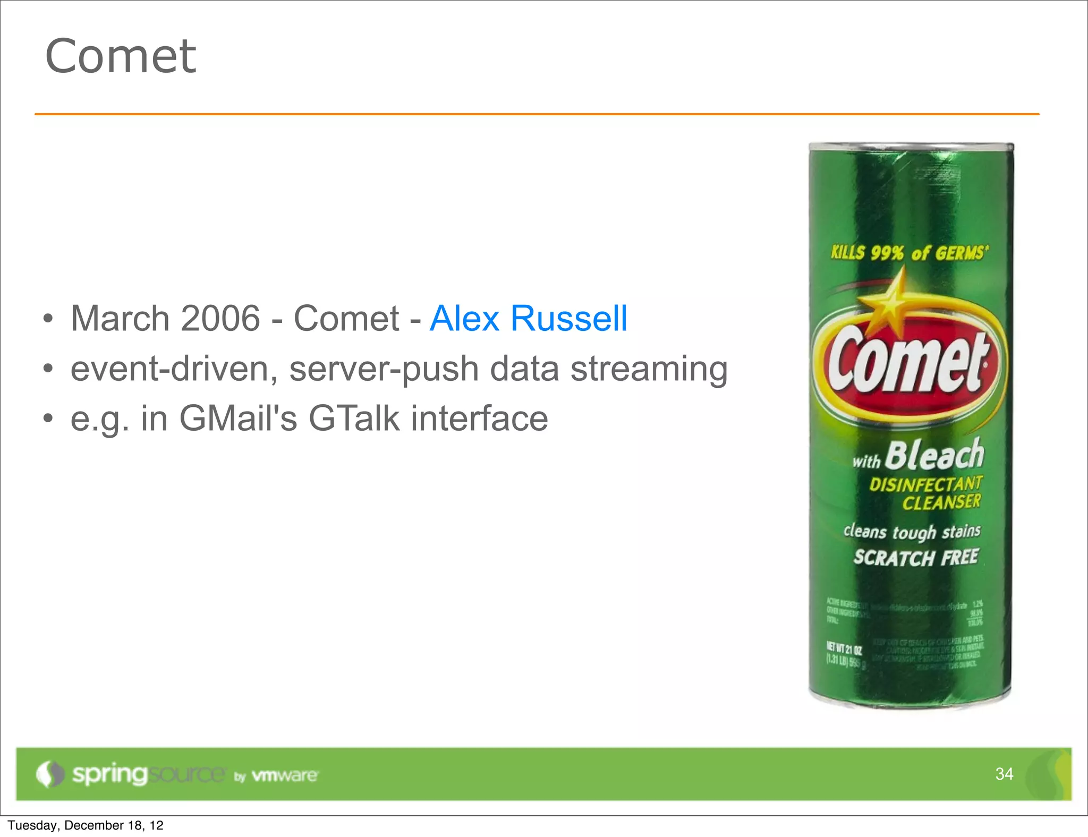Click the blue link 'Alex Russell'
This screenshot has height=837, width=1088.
(x=528, y=319)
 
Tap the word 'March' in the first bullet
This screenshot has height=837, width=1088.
(x=120, y=319)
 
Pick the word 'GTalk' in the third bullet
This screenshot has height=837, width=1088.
(x=354, y=418)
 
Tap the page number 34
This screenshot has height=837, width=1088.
(x=1004, y=774)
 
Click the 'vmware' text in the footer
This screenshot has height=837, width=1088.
(x=285, y=775)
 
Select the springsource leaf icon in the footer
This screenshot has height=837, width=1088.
(x=49, y=774)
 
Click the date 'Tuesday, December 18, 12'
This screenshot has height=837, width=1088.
(x=86, y=825)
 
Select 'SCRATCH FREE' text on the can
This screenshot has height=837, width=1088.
(x=916, y=558)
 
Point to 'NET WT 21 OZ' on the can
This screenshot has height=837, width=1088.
(x=844, y=649)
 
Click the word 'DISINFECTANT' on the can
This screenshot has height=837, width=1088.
(x=925, y=484)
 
